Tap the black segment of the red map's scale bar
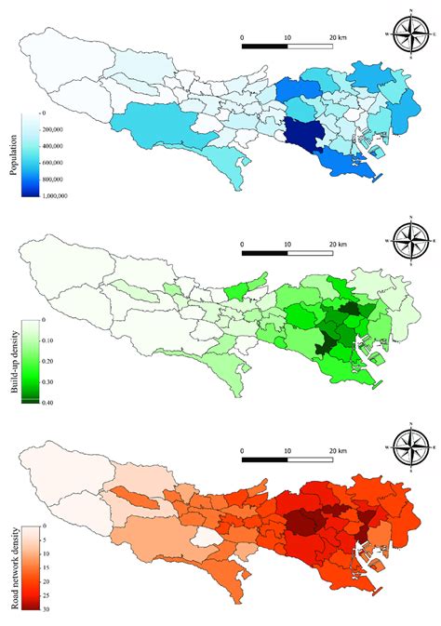point(265,460)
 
